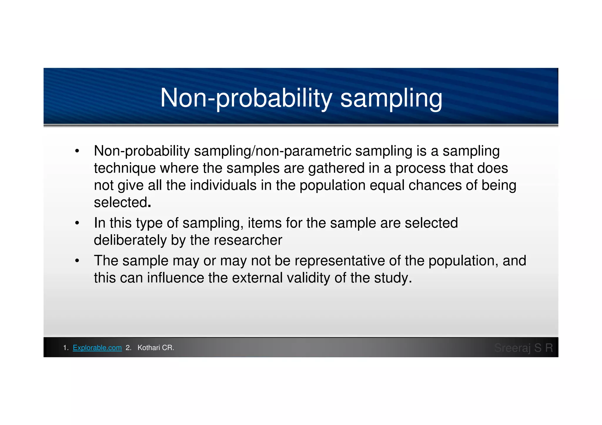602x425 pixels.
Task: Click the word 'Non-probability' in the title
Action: click(x=246, y=98)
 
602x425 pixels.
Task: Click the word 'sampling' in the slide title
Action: click(x=391, y=98)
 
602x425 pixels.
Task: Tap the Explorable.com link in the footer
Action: click(x=97, y=348)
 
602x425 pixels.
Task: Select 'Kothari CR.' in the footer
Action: click(x=156, y=348)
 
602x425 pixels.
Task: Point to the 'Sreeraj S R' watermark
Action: click(x=524, y=348)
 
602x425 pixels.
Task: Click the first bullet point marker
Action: click(x=77, y=151)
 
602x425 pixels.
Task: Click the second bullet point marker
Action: click(x=77, y=223)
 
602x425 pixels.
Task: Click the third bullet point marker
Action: click(x=77, y=261)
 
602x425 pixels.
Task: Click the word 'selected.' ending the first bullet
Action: click(x=122, y=203)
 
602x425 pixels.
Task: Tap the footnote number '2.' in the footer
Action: click(x=128, y=348)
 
